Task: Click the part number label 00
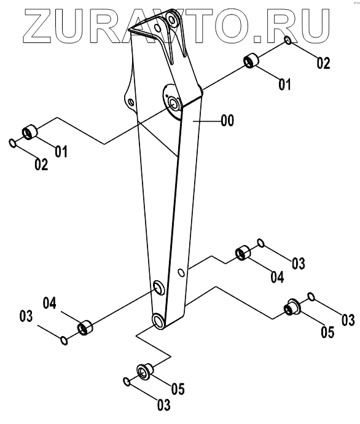tap(227, 120)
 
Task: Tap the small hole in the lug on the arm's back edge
tap(131, 102)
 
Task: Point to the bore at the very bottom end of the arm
tap(158, 321)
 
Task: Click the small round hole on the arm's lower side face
tap(182, 273)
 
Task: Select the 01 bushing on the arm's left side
tap(29, 132)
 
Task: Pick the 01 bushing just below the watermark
tap(251, 61)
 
